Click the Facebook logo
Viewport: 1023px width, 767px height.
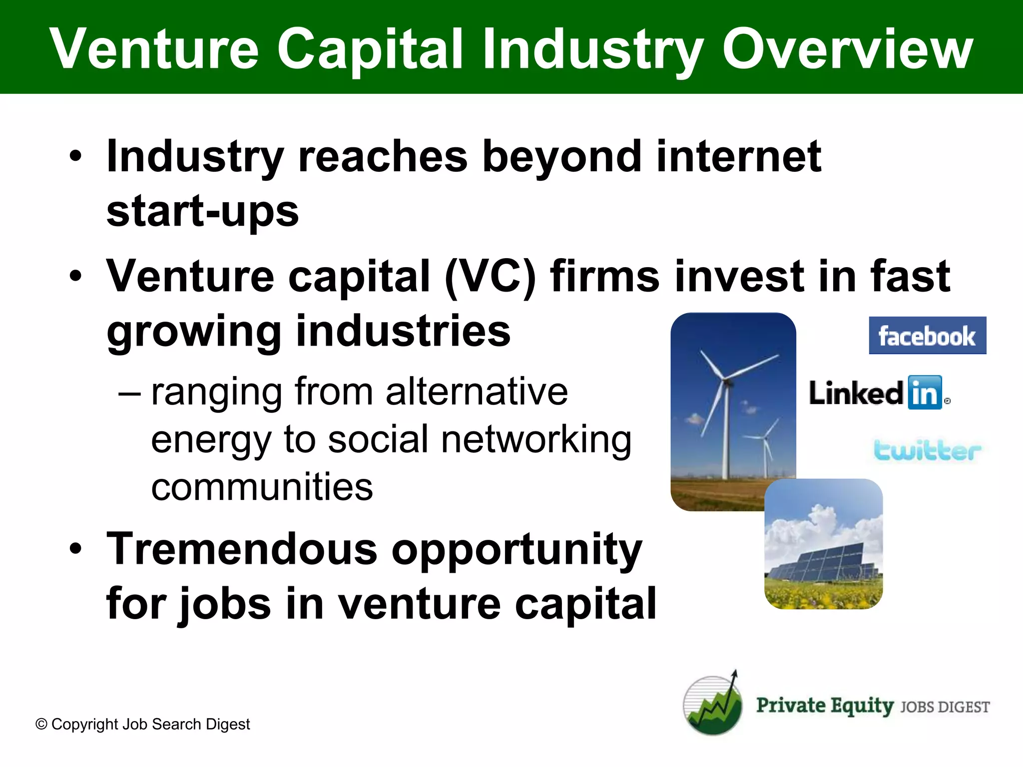[927, 336]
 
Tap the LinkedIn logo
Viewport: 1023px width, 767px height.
[879, 393]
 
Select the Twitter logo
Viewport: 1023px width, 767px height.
[927, 450]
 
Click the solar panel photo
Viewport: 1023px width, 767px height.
[823, 544]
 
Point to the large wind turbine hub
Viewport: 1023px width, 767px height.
[726, 382]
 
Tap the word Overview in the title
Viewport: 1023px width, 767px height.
[847, 48]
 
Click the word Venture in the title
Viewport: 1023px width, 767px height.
[155, 48]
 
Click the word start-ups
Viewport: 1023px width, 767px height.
[202, 212]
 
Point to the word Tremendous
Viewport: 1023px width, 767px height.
[242, 549]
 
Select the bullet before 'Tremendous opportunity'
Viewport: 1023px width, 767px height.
[75, 549]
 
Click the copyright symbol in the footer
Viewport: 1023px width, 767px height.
[41, 724]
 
